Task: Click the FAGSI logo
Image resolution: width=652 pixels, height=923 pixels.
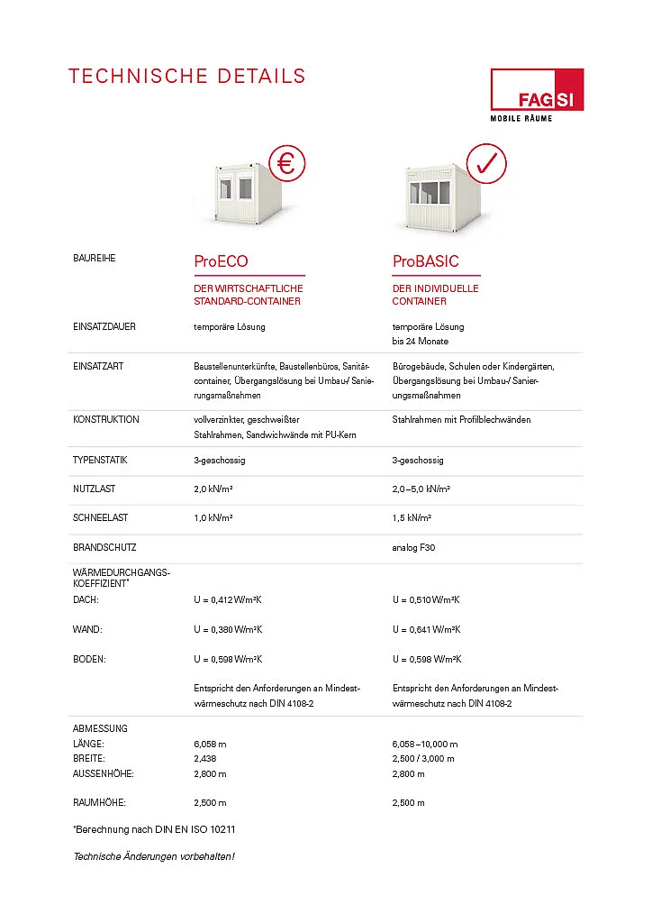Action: [x=536, y=94]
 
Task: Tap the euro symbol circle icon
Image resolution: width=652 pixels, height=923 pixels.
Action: [x=285, y=163]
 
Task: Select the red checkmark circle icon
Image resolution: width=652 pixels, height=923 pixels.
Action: [x=486, y=163]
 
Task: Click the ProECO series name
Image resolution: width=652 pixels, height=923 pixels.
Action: [x=221, y=261]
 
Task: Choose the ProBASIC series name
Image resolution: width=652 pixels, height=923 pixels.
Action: [x=425, y=261]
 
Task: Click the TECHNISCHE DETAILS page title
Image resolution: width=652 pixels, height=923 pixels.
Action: [x=186, y=77]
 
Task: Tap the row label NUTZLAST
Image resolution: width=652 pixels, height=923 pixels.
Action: [x=94, y=489]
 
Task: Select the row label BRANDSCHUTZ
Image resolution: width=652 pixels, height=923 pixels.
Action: [x=104, y=547]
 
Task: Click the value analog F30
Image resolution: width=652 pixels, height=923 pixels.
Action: [x=413, y=547]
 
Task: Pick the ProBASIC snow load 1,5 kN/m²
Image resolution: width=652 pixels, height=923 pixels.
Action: [x=412, y=518]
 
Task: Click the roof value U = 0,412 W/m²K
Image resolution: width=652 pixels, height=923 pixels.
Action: [x=228, y=599]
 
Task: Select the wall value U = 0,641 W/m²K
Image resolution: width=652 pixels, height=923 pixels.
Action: [x=426, y=629]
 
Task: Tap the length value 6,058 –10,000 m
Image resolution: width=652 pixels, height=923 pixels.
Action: [x=425, y=745]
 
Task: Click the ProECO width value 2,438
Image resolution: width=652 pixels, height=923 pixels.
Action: [x=206, y=759]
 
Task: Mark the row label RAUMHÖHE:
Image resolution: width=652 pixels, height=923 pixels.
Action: [x=98, y=802]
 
